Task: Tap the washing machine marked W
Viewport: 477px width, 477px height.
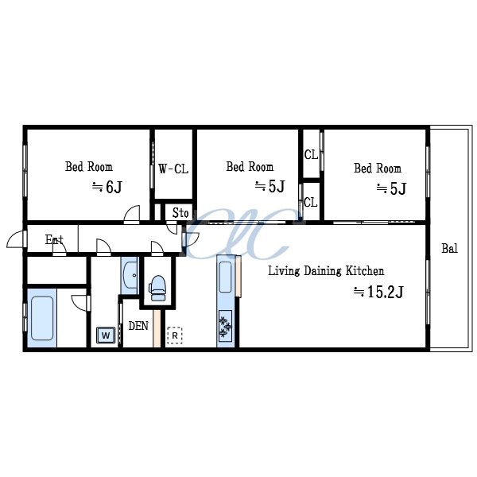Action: click(x=106, y=335)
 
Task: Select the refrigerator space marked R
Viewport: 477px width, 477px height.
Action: click(x=175, y=335)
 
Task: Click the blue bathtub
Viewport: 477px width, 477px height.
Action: click(x=42, y=318)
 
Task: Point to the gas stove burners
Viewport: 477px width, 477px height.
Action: click(x=226, y=326)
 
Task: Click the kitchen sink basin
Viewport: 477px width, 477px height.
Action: click(x=226, y=277)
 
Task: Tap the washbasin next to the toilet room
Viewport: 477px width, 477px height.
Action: click(x=130, y=275)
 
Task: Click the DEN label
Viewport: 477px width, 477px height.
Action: click(x=138, y=326)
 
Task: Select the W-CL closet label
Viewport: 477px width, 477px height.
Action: click(x=173, y=169)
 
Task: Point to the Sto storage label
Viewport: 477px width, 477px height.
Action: click(x=180, y=213)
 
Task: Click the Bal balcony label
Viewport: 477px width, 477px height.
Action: click(x=450, y=249)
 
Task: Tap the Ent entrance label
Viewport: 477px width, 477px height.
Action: click(x=54, y=239)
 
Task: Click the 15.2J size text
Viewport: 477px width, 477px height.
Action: click(x=386, y=292)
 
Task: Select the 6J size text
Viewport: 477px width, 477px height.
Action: click(x=114, y=187)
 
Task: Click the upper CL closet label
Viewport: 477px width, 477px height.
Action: click(x=311, y=155)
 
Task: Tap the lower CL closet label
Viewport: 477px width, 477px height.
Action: click(x=311, y=202)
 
